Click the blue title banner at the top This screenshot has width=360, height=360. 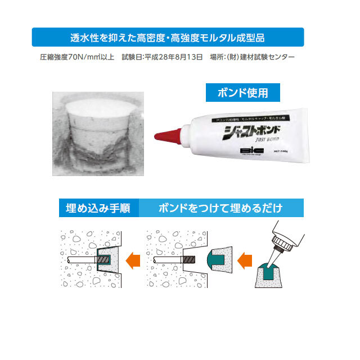click(x=168, y=38)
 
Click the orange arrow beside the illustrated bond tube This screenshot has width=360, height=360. click(x=246, y=260)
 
